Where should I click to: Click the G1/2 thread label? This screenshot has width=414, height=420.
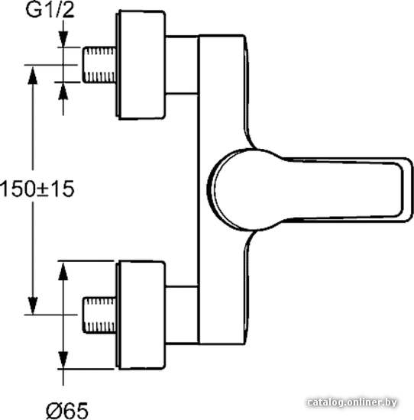click(x=50, y=10)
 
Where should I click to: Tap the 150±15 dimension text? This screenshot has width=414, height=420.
click(x=37, y=189)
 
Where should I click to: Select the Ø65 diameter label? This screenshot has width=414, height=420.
click(x=67, y=410)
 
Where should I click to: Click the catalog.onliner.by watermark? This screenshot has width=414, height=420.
click(x=352, y=402)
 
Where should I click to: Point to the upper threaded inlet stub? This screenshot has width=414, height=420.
click(x=99, y=65)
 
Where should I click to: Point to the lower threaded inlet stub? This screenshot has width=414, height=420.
click(x=99, y=315)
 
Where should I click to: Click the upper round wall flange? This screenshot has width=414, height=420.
click(x=141, y=65)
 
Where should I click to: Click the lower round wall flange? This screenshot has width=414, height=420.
click(x=141, y=315)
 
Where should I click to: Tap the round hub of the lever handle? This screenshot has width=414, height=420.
click(x=236, y=189)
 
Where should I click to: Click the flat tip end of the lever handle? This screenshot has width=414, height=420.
click(x=408, y=189)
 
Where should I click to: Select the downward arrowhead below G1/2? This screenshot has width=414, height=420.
click(x=63, y=40)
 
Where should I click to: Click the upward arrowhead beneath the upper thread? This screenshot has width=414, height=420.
click(x=63, y=91)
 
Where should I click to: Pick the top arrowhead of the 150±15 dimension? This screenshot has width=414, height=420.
click(x=33, y=76)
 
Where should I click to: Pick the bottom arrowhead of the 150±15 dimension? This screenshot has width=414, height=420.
click(x=33, y=305)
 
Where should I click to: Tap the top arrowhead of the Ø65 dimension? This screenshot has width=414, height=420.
click(x=63, y=271)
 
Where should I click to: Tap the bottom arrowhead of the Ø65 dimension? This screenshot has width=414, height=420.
click(x=63, y=360)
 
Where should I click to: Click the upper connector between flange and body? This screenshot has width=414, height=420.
click(x=182, y=65)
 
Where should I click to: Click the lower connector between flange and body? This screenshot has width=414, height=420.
click(x=182, y=315)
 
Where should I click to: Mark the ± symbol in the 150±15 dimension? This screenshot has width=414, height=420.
click(x=43, y=189)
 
